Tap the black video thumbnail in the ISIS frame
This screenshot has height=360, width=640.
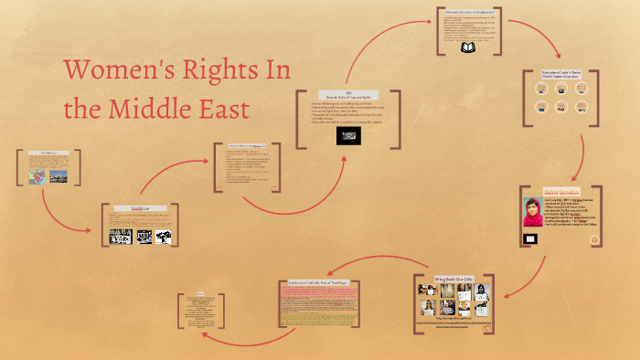pos(348,135)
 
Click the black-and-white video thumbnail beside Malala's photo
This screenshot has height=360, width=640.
pos(529,238)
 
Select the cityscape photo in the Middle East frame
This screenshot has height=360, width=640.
pos(59,175)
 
